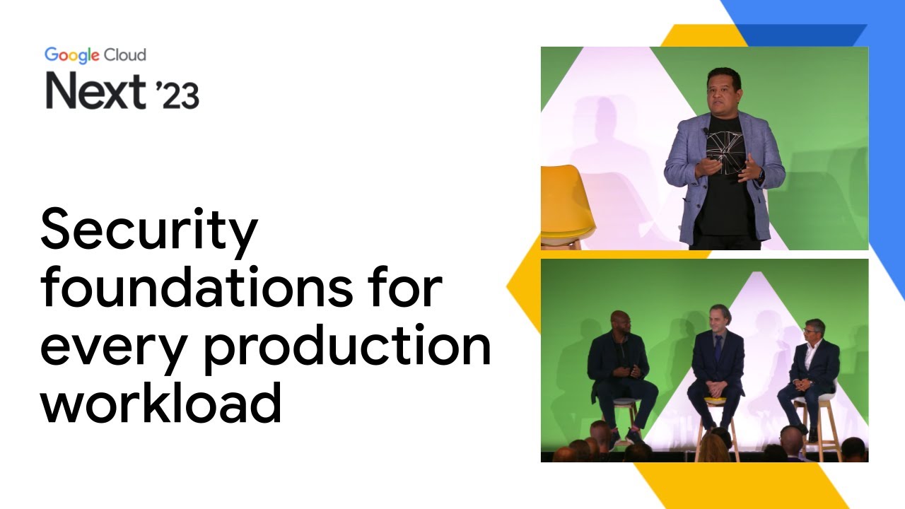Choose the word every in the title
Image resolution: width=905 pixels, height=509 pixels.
point(105,346)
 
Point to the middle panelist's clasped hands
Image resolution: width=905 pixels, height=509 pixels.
point(717,387)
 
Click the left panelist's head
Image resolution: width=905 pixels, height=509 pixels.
point(620,321)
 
